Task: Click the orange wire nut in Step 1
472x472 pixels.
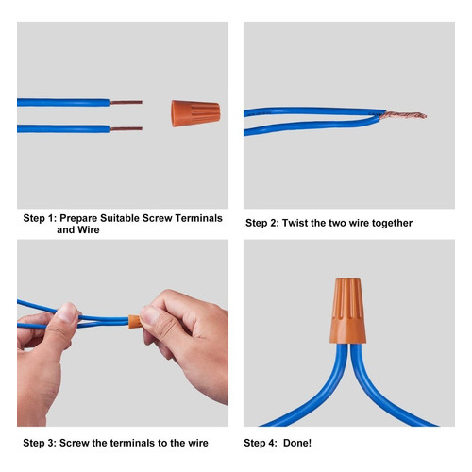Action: coord(195,113)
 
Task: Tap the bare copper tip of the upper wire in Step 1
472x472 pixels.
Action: coord(126,102)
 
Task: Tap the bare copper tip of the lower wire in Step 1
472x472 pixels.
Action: coord(126,128)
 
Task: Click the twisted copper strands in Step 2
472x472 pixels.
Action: coord(403,115)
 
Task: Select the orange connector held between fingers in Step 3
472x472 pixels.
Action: coord(135,322)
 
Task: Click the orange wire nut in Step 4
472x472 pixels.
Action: coord(347,311)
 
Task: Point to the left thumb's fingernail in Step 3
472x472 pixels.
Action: coord(67,312)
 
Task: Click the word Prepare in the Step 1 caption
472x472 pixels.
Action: coord(78,218)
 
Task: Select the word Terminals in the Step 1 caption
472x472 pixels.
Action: coord(199,218)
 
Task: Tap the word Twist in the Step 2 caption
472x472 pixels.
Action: coord(295,223)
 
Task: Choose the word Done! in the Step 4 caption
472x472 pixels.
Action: coord(297,443)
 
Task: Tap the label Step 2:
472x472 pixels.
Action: coord(262,223)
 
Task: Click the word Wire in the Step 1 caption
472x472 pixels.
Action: coord(89,229)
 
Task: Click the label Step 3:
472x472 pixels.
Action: coord(40,443)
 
